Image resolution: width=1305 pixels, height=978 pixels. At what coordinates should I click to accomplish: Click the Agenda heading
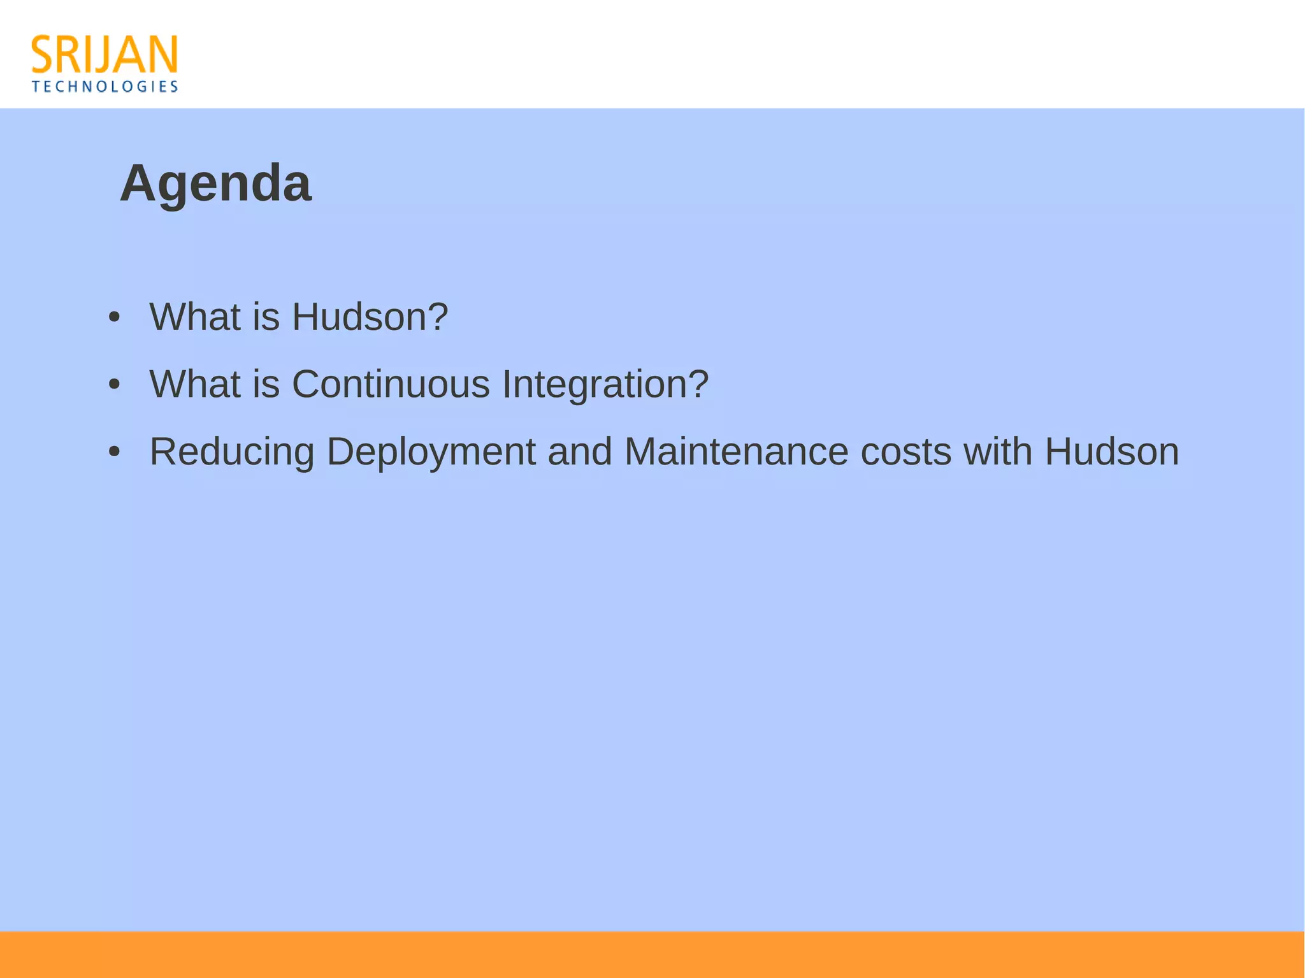pos(215,183)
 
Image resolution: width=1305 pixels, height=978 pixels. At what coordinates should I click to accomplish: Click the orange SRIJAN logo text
pos(105,55)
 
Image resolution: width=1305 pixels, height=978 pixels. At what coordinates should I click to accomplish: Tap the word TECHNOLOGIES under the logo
pos(105,87)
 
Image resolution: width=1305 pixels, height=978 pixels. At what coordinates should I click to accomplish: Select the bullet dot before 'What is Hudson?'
pos(114,317)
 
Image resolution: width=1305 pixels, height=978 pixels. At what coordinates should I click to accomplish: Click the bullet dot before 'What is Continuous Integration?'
pos(114,384)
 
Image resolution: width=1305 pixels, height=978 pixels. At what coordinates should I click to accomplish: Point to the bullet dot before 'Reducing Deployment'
pos(114,452)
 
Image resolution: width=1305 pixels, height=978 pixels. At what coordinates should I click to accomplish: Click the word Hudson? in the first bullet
pos(370,317)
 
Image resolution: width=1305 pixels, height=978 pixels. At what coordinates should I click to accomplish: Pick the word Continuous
pos(391,384)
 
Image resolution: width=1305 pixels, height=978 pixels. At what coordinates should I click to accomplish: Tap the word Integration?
pos(605,384)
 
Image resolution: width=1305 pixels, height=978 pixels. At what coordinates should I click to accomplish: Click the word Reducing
pos(232,452)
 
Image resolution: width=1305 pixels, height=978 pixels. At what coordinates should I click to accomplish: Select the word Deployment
pos(431,452)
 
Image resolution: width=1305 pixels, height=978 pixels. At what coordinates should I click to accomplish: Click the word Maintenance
pos(736,452)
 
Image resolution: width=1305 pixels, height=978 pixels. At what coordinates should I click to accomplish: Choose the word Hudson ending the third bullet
pos(1111,452)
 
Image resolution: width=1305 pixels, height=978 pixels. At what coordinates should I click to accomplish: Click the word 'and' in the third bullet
pos(579,452)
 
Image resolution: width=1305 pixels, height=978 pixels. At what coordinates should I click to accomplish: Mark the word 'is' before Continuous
pos(266,384)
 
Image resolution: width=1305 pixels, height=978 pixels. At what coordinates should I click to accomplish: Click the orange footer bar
pos(652,954)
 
